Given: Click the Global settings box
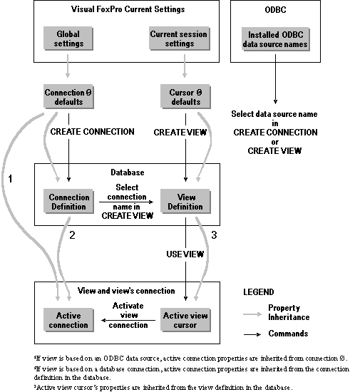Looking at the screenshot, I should pyautogui.click(x=68, y=38).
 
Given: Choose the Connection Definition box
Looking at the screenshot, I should pyautogui.click(x=68, y=202).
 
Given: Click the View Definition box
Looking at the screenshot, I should pyautogui.click(x=185, y=202).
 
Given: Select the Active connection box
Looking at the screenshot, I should pyautogui.click(x=68, y=321).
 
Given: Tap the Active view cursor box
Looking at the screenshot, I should pyautogui.click(x=185, y=321).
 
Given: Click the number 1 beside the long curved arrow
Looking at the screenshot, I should pyautogui.click(x=11, y=180).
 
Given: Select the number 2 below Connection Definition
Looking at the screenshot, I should pyautogui.click(x=72, y=232).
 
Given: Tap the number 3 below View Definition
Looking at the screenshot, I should pyautogui.click(x=214, y=232).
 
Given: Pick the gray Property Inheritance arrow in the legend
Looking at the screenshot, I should pyautogui.click(x=252, y=313).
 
